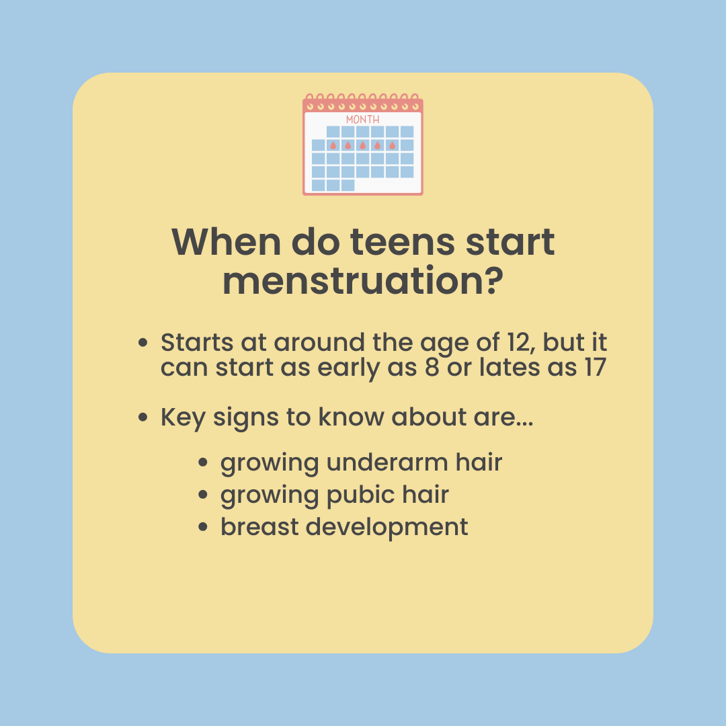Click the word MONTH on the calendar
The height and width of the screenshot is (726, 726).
point(362,120)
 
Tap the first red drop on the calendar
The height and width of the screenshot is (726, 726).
point(333,145)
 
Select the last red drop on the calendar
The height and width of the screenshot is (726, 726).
point(392,145)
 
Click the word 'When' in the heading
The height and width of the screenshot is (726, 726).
point(226,242)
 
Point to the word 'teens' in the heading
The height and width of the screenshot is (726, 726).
point(403,243)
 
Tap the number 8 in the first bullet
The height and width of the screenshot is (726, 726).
point(432,367)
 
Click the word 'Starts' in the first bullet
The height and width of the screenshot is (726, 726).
point(197,343)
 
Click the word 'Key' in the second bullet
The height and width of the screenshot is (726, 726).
point(183,417)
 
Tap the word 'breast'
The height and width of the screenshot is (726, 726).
point(259,527)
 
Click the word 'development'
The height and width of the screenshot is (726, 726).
point(387,528)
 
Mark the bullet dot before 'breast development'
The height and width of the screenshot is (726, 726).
point(203,527)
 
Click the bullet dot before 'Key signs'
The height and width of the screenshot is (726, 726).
point(143,417)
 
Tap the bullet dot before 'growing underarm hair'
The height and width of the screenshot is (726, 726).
point(203,462)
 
